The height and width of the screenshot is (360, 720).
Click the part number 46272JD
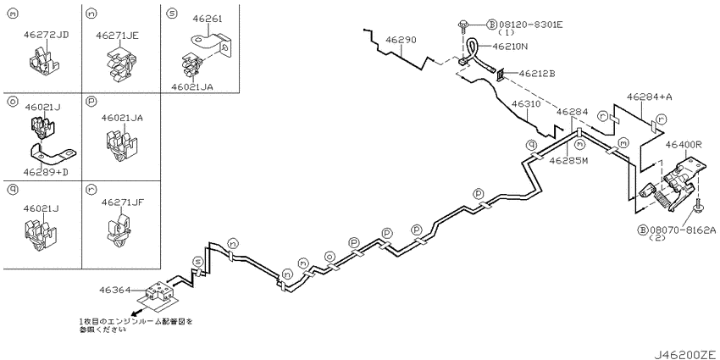pyautogui.click(x=46, y=34)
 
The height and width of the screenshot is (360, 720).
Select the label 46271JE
pyautogui.click(x=118, y=34)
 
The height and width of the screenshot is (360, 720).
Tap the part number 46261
pyautogui.click(x=207, y=19)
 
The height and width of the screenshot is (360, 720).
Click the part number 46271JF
pyautogui.click(x=123, y=202)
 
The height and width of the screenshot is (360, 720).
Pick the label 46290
pyautogui.click(x=401, y=40)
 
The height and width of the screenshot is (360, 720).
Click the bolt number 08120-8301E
pyautogui.click(x=530, y=24)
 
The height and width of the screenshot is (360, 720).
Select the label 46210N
pyautogui.click(x=510, y=46)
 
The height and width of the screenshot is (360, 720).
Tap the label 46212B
pyautogui.click(x=537, y=73)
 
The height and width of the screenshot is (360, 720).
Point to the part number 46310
pyautogui.click(x=527, y=104)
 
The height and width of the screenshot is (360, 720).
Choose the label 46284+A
pyautogui.click(x=646, y=97)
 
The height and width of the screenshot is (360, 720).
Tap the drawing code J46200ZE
pyautogui.click(x=684, y=354)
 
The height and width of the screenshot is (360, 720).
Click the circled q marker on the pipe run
pyautogui.click(x=531, y=145)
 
